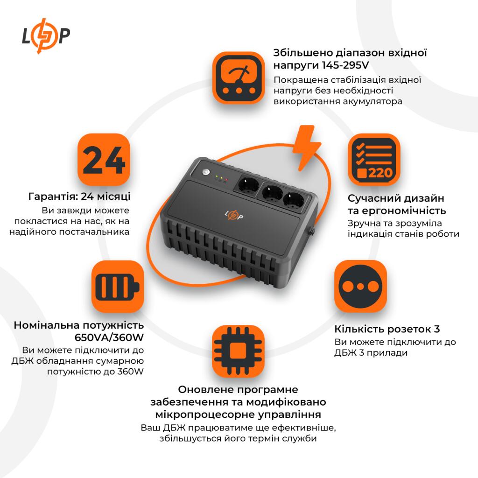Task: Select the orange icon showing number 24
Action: pos(104,160)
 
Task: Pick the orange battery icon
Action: pos(117,286)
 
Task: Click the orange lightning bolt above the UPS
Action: pos(306,147)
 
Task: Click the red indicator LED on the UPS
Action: pos(226,179)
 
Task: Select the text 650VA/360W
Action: pos(109,337)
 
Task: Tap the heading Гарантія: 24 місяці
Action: pos(79,196)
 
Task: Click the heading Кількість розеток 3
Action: pos(387,329)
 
